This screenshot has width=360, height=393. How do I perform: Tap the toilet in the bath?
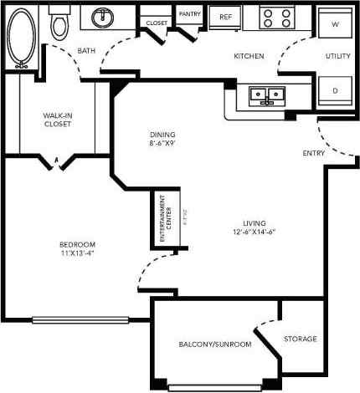pos(59,26)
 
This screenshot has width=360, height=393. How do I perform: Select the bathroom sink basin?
pos(105,17)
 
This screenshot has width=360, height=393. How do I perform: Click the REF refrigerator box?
pos(224,16)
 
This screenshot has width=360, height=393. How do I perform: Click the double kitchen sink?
pos(267,95)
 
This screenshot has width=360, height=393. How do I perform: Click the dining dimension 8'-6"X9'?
pos(162,144)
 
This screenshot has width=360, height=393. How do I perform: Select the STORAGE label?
pos(301,339)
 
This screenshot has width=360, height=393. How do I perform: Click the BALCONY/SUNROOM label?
pos(215,345)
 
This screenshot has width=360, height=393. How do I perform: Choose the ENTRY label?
pos(314,154)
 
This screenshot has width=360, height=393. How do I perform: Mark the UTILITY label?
pos(337,56)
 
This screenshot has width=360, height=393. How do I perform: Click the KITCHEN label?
pos(249,56)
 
